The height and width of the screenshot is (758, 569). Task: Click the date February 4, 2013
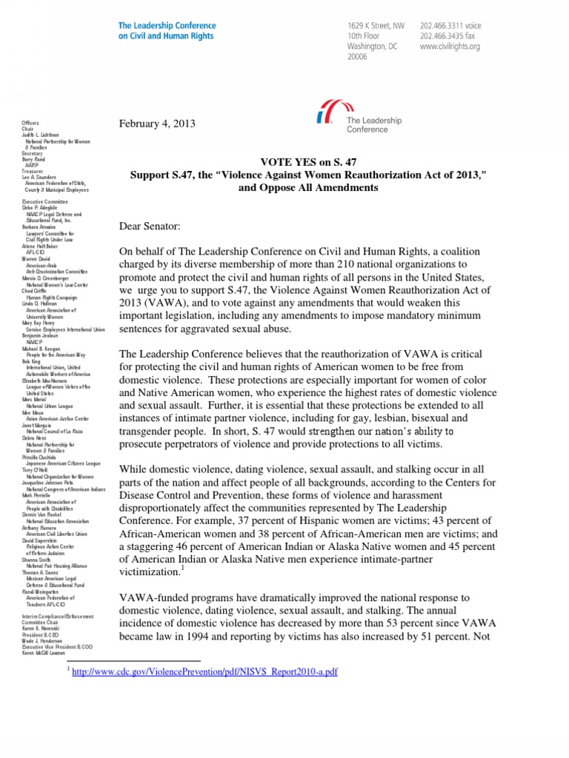(x=157, y=124)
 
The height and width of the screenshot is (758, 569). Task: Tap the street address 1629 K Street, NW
(x=377, y=24)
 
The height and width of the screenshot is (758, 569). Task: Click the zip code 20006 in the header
(x=359, y=57)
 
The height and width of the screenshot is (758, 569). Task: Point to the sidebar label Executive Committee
(x=45, y=201)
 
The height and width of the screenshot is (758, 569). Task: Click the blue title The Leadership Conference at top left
(x=167, y=24)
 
